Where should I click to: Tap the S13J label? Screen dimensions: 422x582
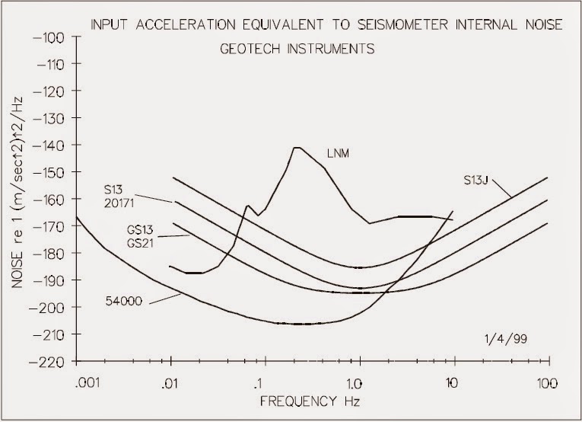coord(478,181)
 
